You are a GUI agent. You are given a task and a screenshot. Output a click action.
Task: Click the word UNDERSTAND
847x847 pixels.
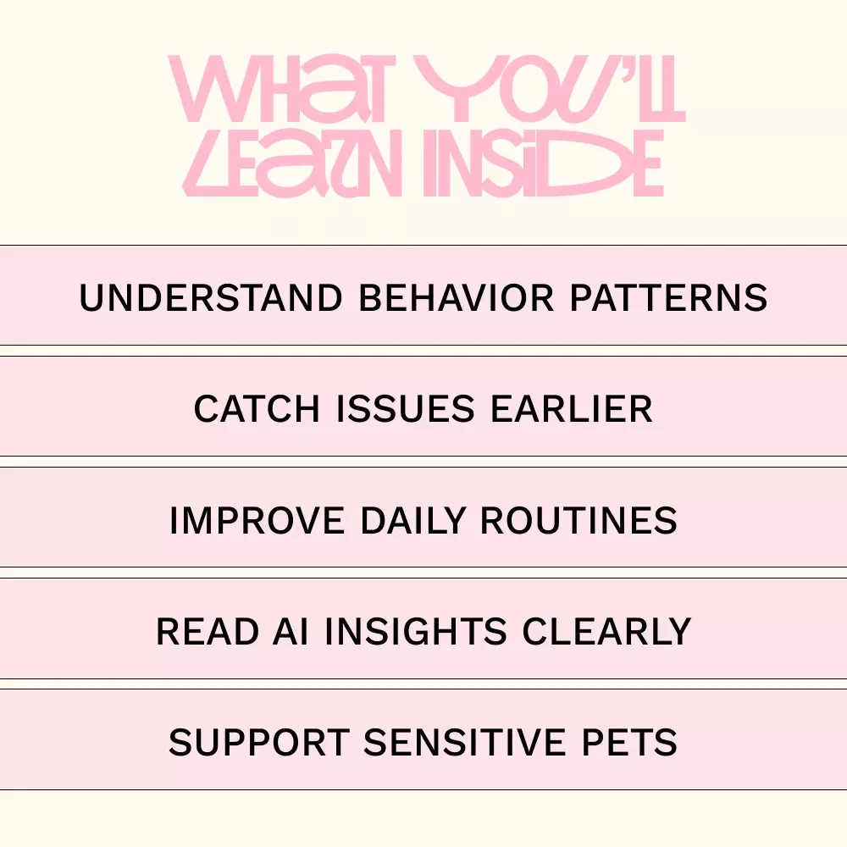[211, 297]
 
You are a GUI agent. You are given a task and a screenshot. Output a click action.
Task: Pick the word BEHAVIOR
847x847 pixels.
[457, 297]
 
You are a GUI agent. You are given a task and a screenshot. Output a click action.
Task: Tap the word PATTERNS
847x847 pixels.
[669, 297]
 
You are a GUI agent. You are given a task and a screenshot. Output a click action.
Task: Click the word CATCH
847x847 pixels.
[257, 409]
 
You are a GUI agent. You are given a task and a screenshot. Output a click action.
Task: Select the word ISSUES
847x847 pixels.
[405, 409]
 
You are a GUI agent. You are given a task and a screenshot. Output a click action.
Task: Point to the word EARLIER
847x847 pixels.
[572, 409]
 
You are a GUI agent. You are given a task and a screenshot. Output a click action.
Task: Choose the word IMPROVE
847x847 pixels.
[257, 521]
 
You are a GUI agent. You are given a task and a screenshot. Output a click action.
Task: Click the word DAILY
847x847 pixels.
[412, 521]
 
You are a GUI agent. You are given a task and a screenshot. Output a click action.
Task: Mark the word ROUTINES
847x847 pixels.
[579, 521]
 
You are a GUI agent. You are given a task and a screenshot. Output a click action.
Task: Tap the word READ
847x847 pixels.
[208, 632]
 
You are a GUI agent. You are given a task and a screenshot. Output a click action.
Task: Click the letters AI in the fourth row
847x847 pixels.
[291, 632]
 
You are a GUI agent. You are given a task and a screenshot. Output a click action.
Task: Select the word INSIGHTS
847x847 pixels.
[415, 632]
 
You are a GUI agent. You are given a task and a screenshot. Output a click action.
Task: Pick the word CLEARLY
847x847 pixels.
[606, 632]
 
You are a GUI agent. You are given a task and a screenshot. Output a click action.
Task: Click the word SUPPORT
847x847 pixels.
[259, 743]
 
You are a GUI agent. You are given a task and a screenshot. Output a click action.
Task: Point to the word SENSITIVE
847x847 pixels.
[464, 743]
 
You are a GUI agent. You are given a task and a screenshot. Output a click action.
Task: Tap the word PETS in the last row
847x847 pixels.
[629, 743]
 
